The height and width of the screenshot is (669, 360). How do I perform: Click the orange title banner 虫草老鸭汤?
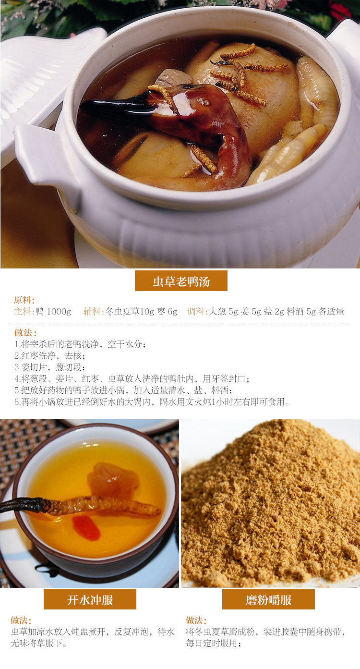pyautogui.click(x=181, y=281)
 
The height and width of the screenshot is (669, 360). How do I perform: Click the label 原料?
pyautogui.click(x=24, y=300)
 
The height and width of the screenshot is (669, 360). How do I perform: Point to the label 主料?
pyautogui.click(x=24, y=312)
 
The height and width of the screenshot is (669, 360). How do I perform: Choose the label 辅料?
pyautogui.click(x=94, y=312)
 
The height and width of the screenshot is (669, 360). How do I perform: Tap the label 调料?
pyautogui.click(x=197, y=312)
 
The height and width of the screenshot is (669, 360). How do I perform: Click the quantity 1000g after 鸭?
pyautogui.click(x=59, y=312)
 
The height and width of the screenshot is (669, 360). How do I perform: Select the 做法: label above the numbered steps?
pyautogui.click(x=25, y=332)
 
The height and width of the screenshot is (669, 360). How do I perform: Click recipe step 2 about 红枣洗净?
pyautogui.click(x=50, y=356)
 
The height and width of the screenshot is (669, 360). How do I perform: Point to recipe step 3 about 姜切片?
pyautogui.click(x=50, y=367)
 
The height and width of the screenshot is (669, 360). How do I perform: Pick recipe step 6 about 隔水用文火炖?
pyautogui.click(x=152, y=401)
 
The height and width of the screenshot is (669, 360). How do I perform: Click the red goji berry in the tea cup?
pyautogui.click(x=86, y=528)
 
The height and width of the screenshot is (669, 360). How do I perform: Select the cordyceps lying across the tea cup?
pyautogui.click(x=81, y=506)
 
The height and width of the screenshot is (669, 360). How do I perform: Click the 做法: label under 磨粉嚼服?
pyautogui.click(x=196, y=620)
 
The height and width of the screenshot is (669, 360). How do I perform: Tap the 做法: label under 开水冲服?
pyautogui.click(x=21, y=620)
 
